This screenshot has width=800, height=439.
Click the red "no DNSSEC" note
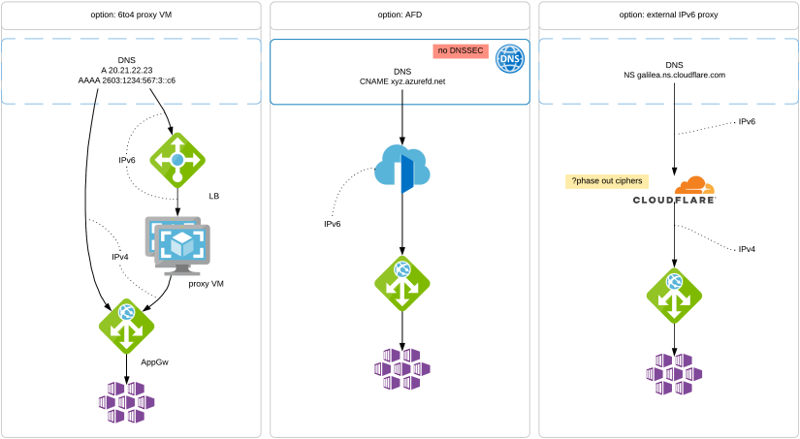[x=461, y=50]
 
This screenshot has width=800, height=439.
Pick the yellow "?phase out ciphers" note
[x=607, y=181]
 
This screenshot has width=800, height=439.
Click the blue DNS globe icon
[x=510, y=58]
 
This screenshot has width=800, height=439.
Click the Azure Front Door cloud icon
[x=400, y=170]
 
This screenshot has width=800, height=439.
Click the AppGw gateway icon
[x=127, y=325]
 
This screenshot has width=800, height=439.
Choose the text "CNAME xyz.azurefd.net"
[x=401, y=82]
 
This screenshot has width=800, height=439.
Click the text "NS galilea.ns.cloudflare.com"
[x=675, y=75]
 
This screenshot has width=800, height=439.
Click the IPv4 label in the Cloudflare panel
[x=747, y=249]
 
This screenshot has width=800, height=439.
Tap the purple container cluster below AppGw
[x=127, y=402]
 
